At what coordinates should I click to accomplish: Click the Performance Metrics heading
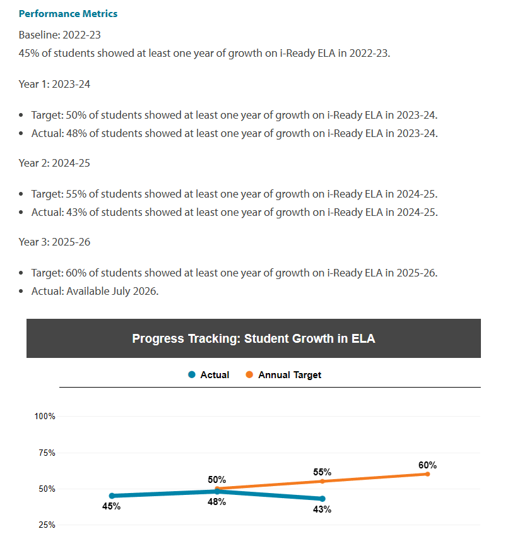68,13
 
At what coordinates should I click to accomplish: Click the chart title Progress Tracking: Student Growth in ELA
253,338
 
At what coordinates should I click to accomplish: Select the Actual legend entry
209,375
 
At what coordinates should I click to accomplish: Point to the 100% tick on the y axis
45,416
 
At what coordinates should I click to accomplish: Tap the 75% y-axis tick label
45,453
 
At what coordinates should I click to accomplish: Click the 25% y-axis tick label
45,525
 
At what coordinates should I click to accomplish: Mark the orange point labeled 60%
427,473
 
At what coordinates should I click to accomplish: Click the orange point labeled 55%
322,481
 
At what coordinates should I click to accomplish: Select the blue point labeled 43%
322,499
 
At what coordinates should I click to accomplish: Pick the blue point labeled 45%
112,496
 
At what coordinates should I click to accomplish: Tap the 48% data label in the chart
216,502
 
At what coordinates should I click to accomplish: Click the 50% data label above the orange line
216,480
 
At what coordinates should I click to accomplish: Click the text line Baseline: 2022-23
59,35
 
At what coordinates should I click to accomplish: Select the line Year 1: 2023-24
54,84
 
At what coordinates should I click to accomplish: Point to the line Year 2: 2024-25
54,163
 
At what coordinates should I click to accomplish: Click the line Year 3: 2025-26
54,242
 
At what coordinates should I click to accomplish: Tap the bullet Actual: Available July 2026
95,291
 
